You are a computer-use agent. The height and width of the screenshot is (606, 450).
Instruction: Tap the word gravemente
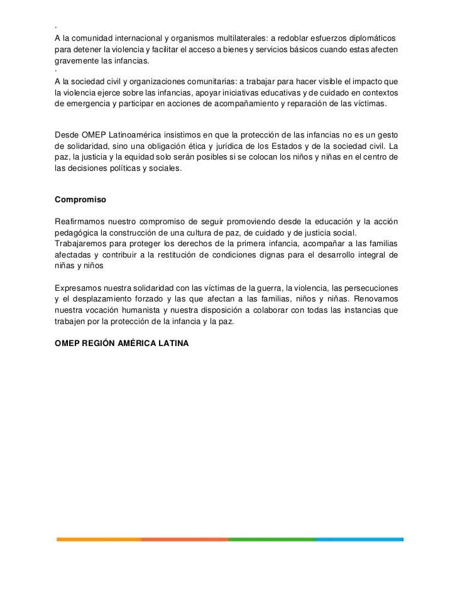77,62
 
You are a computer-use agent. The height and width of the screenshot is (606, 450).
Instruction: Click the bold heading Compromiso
80,200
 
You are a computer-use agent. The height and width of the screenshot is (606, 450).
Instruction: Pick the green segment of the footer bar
271,539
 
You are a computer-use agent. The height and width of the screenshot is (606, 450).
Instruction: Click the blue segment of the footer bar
358,539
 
